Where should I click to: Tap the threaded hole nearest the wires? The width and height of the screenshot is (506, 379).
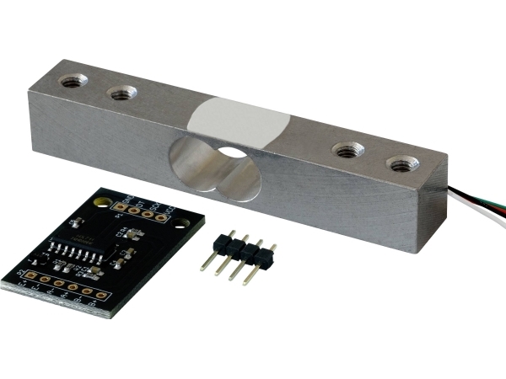(x=399, y=163)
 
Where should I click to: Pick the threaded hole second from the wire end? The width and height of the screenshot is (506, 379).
(x=345, y=151)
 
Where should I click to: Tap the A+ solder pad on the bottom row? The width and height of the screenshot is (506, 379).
(x=73, y=287)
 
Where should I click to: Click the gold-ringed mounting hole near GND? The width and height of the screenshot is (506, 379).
(x=103, y=202)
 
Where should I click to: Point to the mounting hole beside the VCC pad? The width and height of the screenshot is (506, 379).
(x=180, y=223)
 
